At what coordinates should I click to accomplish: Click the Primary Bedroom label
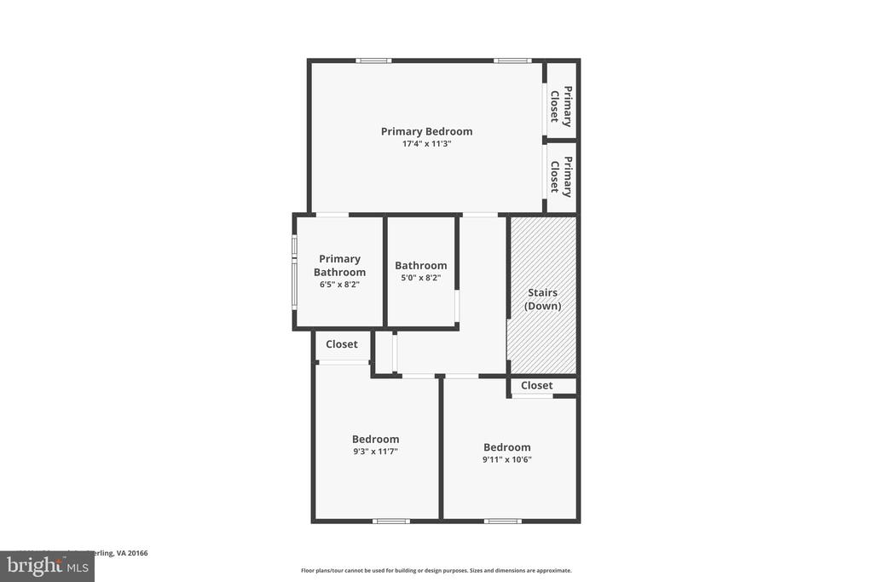426,131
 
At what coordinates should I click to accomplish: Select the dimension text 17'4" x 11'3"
426,144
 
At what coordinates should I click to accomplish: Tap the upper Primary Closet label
560,106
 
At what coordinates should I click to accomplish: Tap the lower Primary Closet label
560,176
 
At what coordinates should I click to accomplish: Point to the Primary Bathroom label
339,265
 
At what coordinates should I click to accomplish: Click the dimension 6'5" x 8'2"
339,285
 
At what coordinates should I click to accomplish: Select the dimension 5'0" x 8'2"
420,278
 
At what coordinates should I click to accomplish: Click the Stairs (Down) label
542,299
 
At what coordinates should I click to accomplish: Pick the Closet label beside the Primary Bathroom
341,344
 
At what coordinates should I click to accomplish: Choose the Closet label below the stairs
536,385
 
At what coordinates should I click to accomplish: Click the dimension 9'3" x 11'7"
375,452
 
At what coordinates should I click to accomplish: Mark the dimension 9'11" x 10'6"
506,459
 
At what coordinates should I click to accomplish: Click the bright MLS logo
46,566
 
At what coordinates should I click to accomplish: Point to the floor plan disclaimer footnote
436,571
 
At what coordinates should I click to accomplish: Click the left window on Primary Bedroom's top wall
373,61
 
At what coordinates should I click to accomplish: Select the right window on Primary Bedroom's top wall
512,61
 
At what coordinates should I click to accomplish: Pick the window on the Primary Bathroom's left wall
294,271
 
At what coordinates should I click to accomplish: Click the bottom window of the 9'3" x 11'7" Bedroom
390,521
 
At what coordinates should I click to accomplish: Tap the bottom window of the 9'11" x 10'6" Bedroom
502,521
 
